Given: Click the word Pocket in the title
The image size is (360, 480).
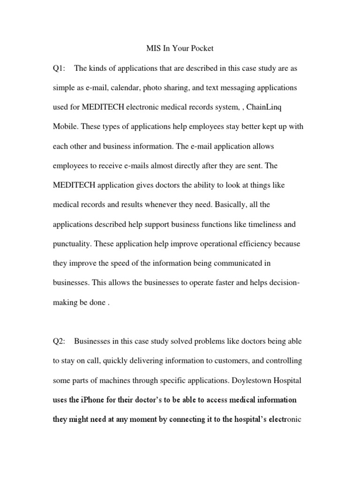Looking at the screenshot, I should [201, 49].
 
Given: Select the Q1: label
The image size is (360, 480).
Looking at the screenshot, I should [60, 68].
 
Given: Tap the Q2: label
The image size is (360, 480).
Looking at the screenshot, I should [60, 341].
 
